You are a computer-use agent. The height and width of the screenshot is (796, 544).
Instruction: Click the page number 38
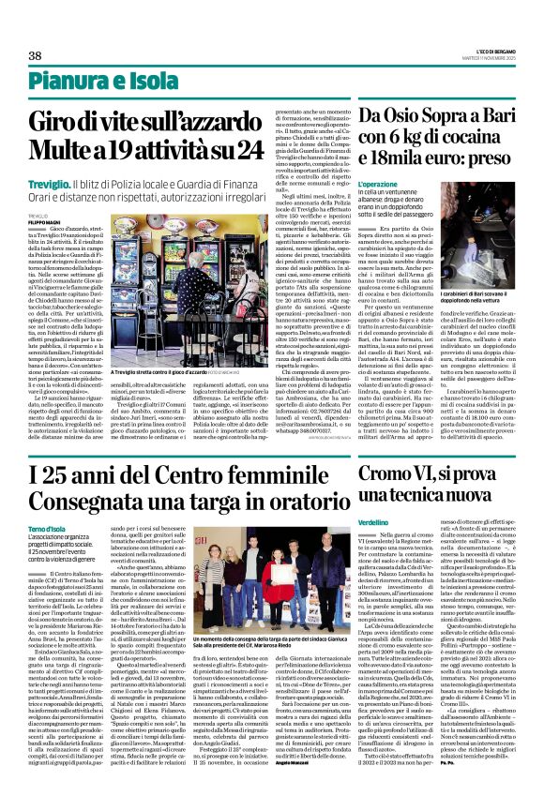tap(35, 56)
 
